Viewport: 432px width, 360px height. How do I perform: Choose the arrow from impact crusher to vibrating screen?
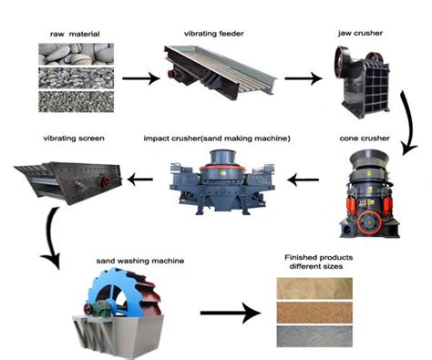point(140,180)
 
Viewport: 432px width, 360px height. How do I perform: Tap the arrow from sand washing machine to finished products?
point(227,314)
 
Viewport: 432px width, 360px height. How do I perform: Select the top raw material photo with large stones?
point(77,55)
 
